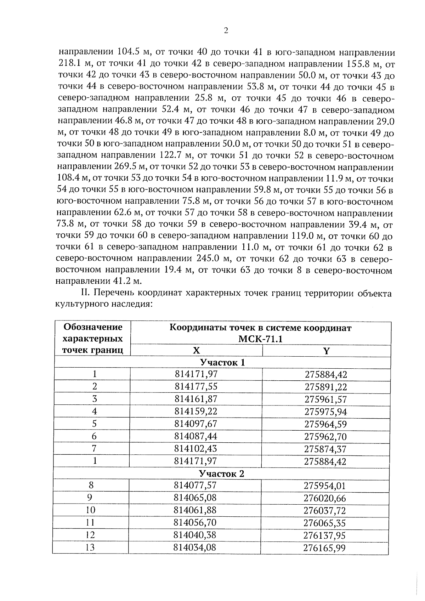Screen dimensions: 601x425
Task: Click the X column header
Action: [196, 351]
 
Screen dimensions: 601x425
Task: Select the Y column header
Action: [326, 351]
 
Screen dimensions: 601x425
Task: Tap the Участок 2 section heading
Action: [222, 474]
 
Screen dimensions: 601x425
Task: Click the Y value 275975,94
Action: [325, 412]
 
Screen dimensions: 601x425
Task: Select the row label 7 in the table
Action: [94, 448]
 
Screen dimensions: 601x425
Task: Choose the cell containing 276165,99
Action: [324, 548]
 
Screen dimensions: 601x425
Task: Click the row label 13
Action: [90, 548]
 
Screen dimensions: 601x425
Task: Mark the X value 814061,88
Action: [195, 510]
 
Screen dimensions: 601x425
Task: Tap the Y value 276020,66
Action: [325, 498]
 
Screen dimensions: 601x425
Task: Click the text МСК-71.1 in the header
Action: [260, 339]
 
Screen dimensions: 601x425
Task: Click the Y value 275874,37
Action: [325, 449]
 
